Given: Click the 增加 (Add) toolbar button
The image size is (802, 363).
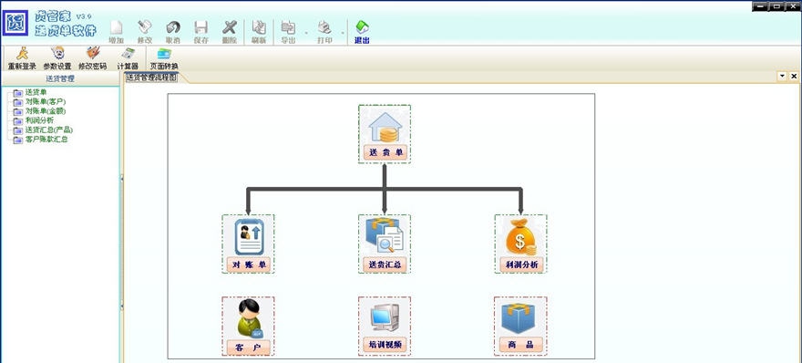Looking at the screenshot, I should coord(116,32).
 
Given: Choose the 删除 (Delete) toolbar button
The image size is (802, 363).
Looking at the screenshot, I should coord(230,32).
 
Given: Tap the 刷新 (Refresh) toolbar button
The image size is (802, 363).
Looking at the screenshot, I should coord(259,32).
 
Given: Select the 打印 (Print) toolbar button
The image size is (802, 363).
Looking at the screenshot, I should coord(324,32).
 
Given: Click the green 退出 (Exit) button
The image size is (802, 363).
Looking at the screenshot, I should coord(362,32).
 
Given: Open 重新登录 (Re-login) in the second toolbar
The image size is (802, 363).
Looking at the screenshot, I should coord(21,58).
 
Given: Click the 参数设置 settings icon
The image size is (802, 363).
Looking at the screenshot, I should coord(57,58).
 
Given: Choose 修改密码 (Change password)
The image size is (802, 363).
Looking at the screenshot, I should coord(92,58).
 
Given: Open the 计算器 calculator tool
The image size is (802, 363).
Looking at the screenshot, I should coord(128,58).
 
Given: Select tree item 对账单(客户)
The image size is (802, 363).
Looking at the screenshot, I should coord(46,101).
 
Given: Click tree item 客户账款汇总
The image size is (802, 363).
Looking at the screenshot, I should coord(46,139).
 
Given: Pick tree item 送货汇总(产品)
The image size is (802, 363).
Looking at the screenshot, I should coord(48,130).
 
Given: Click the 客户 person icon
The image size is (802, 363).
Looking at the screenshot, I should coord(248,318).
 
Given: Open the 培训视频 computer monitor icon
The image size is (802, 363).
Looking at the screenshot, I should coord(384,318).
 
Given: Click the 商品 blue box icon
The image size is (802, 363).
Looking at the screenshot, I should coord(520,318).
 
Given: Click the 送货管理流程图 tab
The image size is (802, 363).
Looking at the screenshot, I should coord(151,78).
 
